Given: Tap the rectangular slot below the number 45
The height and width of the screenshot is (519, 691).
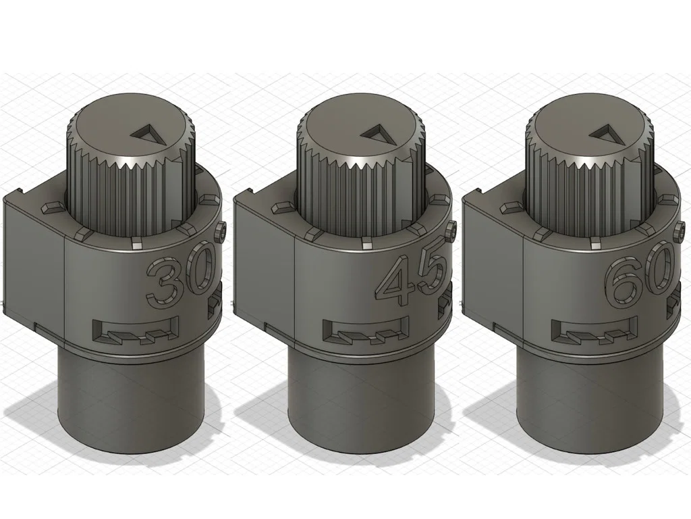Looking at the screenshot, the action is [x=365, y=330].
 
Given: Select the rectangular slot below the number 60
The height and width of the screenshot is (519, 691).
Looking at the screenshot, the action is [x=595, y=330].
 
